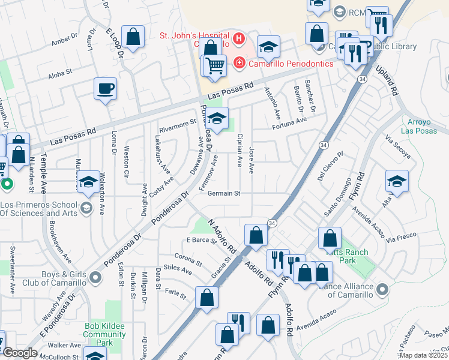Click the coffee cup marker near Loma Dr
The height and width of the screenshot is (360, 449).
point(105,89)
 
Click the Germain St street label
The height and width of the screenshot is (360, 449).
point(224,193)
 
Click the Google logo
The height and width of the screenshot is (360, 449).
point(19,353)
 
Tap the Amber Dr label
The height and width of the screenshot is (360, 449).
point(65,40)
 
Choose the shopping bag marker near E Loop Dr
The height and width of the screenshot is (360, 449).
point(133,37)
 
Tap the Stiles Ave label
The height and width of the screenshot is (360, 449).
point(177,271)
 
